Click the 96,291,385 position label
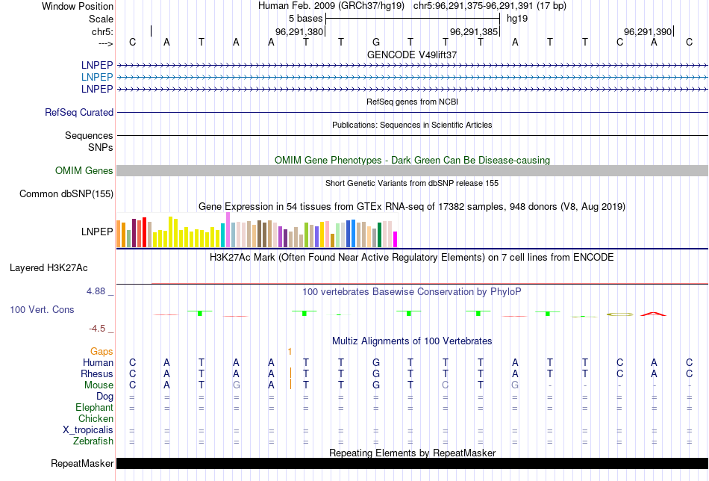pos(474,32)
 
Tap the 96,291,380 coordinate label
pos(299,32)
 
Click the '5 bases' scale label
pos(304,19)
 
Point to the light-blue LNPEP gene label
pos(97,77)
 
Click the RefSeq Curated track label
pos(79,112)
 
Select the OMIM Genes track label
pos(84,171)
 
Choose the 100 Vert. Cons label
pos(42,309)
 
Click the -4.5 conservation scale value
pos(100,328)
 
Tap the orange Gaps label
pos(101,351)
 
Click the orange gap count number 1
pos(290,351)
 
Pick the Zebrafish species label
pos(94,441)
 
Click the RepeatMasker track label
pos(82,464)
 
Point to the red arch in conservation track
pos(654,313)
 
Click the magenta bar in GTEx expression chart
pos(395,239)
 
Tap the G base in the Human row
pos(376,362)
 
